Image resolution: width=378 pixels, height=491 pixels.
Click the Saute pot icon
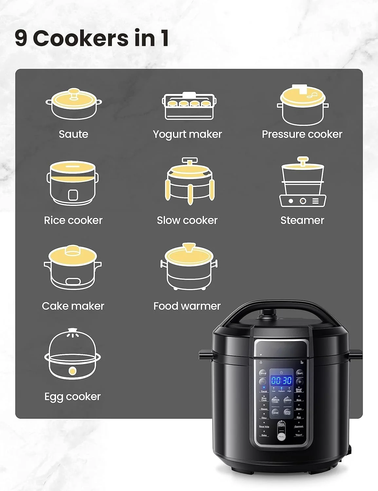click(74, 104)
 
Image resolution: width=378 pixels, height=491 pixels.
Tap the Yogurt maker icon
click(189, 106)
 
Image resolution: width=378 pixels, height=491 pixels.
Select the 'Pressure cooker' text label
click(302, 134)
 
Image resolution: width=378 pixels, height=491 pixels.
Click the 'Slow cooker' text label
click(187, 220)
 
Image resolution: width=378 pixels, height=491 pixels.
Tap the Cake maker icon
click(73, 267)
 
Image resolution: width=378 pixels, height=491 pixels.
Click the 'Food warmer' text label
click(187, 306)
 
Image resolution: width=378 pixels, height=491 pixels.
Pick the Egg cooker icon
click(73, 354)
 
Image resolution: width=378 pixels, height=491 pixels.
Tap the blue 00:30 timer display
click(281, 380)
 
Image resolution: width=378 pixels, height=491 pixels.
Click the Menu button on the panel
click(281, 437)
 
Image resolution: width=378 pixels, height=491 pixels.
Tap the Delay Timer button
click(287, 412)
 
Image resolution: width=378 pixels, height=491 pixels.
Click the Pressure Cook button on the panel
click(275, 400)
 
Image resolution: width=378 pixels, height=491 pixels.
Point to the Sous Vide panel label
click(264, 427)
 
